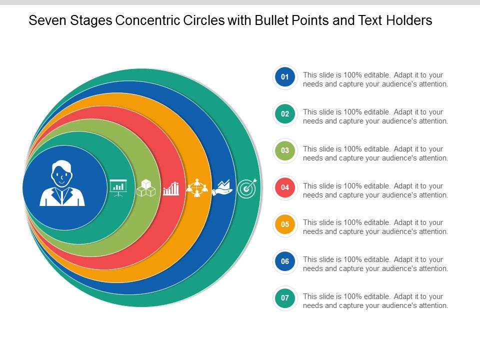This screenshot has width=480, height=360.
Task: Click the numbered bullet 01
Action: point(285,77)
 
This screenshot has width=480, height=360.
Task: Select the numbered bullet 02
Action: point(285,114)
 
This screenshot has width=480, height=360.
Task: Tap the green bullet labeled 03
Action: point(285,150)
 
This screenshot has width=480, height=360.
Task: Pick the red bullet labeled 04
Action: point(285,187)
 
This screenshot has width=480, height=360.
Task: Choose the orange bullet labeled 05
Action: point(285,224)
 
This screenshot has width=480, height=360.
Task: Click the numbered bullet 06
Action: point(285,261)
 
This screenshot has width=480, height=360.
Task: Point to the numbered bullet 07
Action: point(285,298)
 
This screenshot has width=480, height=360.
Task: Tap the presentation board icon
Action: point(118,187)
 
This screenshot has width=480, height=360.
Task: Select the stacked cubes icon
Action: point(145,188)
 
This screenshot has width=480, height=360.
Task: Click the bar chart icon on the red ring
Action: point(171,188)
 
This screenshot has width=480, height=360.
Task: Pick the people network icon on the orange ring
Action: point(196,187)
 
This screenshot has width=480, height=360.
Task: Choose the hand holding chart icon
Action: point(222,188)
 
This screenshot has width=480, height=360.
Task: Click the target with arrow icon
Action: point(247,187)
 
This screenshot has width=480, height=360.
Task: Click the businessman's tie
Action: point(62,196)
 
